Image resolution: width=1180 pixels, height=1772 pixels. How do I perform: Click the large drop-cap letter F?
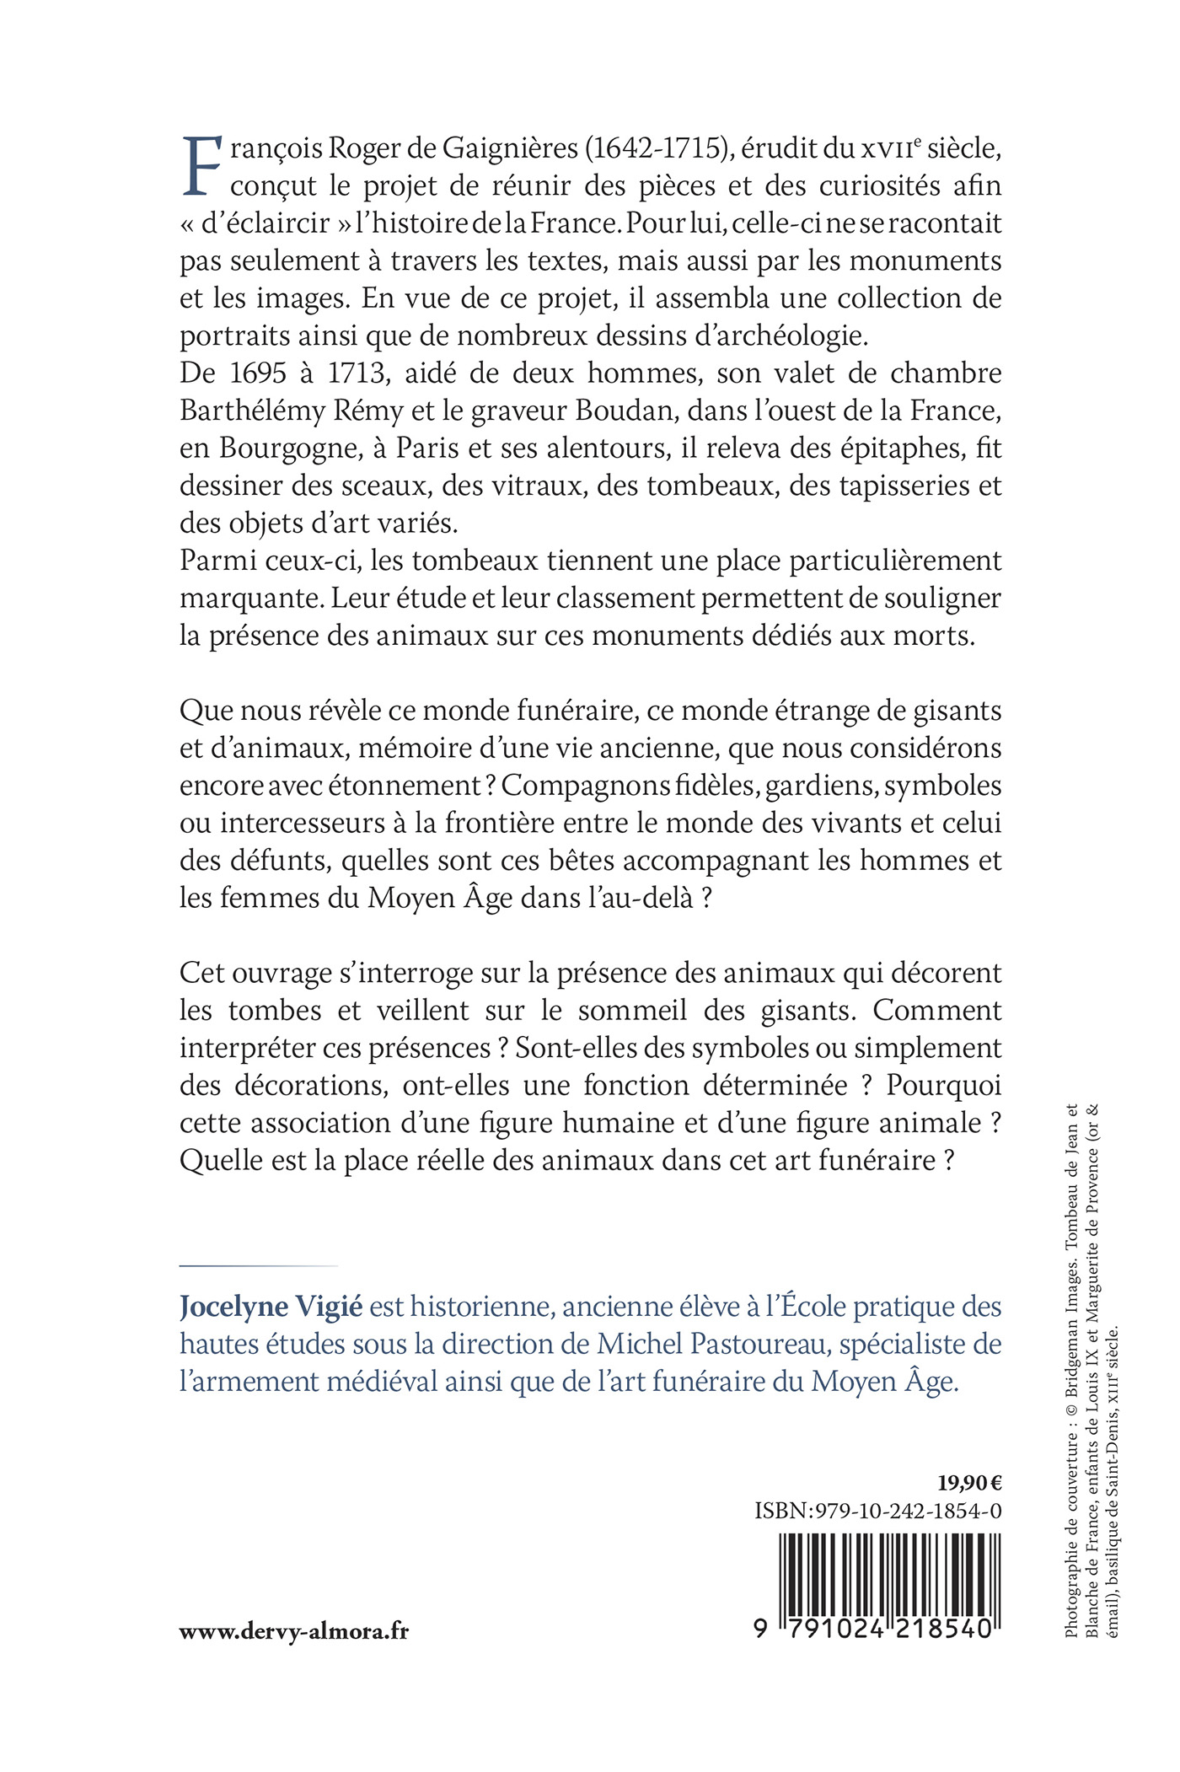201,165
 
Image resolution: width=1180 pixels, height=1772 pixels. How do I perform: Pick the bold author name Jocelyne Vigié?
271,1307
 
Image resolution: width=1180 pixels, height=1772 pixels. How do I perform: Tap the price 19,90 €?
968,1483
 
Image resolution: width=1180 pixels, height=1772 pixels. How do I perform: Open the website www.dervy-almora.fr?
293,1631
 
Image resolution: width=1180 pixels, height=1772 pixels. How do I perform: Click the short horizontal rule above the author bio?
258,1265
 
